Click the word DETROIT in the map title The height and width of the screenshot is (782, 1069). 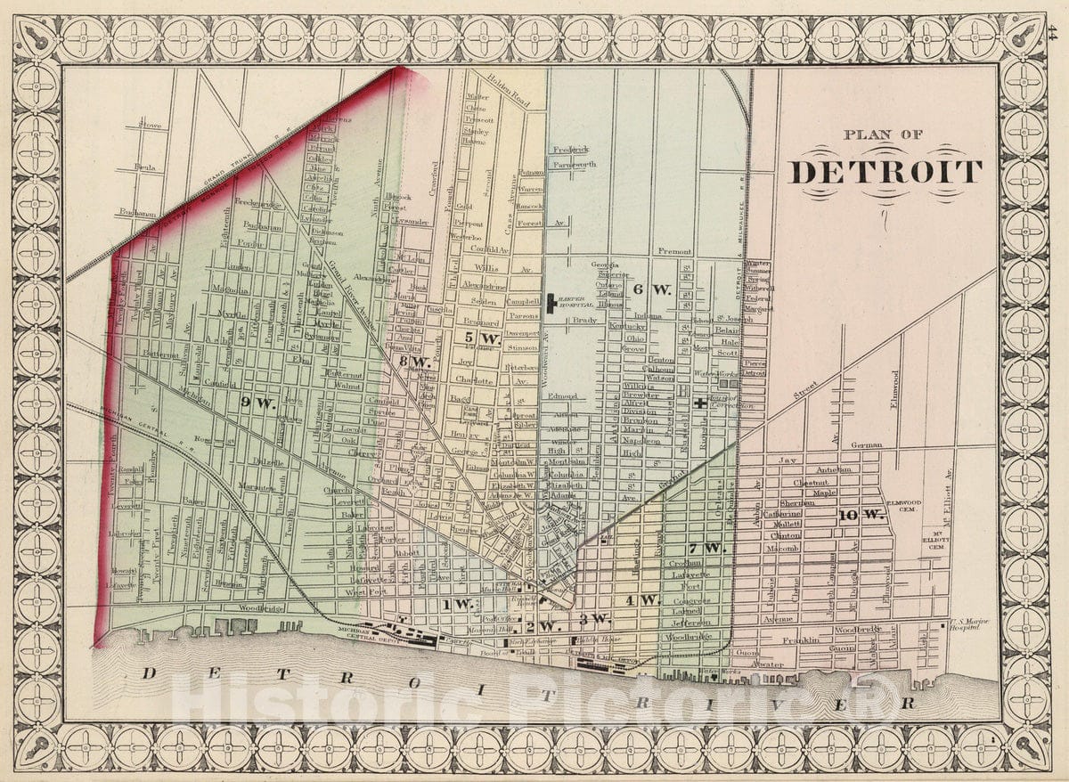coord(886,171)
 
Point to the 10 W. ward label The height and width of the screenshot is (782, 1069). coord(860,515)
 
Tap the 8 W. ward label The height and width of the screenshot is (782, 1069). coord(415,362)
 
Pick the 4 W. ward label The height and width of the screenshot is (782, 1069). coord(641,599)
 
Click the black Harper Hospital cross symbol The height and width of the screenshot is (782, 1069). coord(552,303)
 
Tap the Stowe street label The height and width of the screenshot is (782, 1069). coord(150,126)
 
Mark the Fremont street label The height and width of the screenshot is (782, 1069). coord(675,252)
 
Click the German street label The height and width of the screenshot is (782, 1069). coord(866,444)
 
